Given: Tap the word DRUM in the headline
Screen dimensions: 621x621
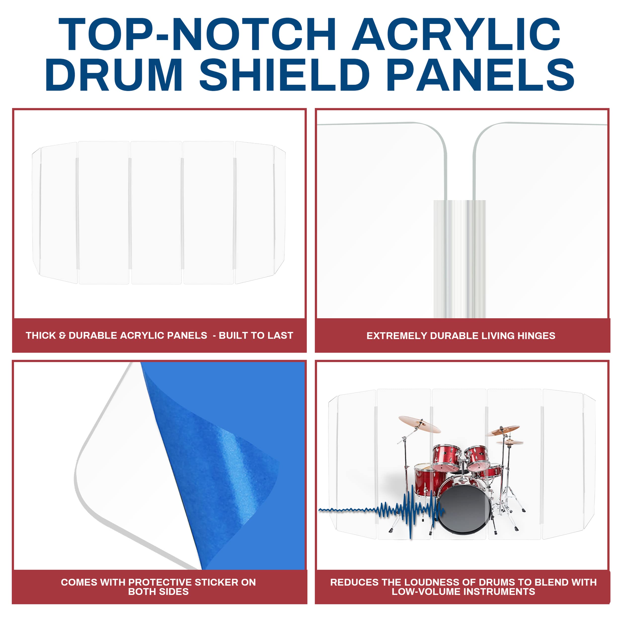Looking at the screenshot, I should point(114,75).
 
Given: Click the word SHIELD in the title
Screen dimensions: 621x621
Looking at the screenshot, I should point(284,75).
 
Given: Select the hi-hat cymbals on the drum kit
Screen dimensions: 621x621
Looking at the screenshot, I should point(510,443).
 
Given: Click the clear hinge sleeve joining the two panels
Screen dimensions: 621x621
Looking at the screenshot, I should point(459,257).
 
